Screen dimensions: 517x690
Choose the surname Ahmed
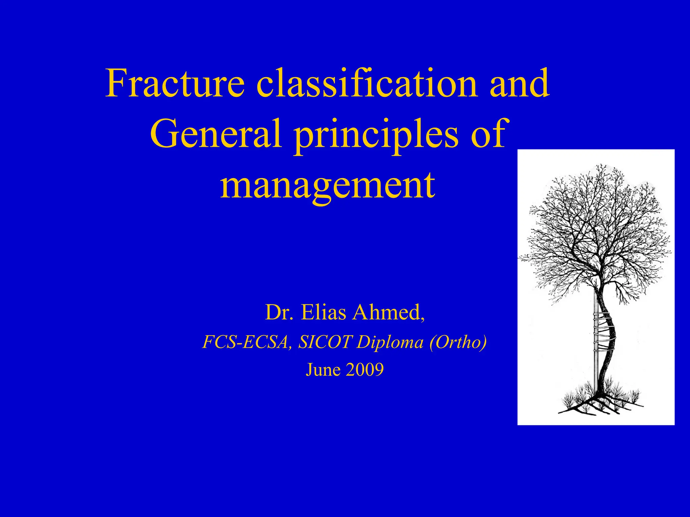387,312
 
